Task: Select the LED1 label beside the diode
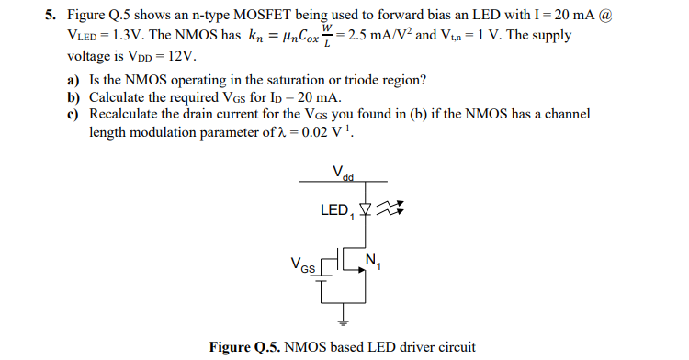point(336,211)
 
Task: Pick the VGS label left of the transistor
point(301,267)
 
